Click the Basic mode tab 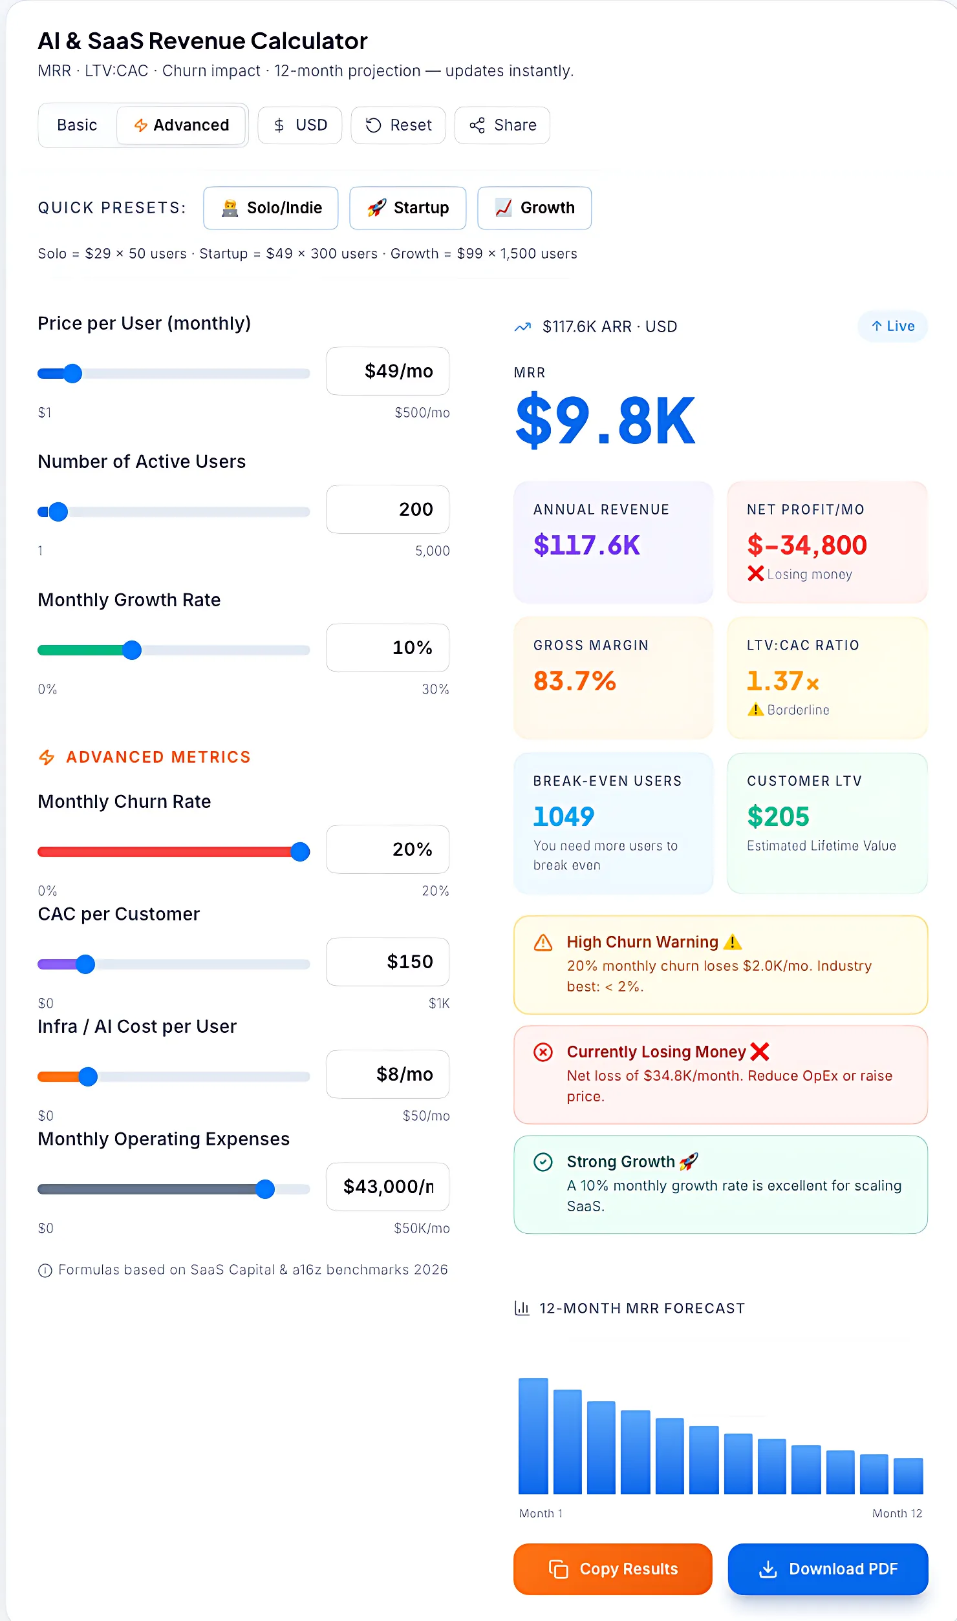77,125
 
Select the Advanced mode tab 182,125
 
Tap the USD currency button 300,125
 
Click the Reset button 398,125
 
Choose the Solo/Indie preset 271,207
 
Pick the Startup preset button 408,207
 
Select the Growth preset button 534,207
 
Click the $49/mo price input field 388,371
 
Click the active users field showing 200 388,509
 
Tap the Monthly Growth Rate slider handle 132,650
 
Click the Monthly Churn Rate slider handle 300,851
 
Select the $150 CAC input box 388,961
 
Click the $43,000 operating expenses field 388,1186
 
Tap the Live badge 892,326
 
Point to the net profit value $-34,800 806,545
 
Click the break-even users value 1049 563,816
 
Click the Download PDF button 828,1569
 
